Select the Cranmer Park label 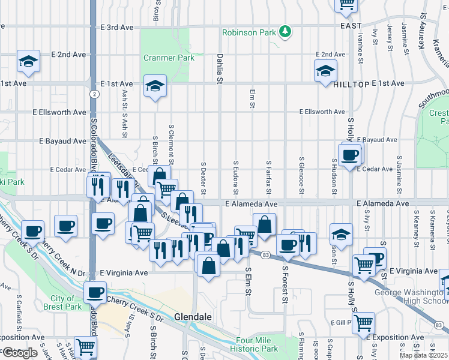click(161, 58)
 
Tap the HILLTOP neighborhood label click(351, 85)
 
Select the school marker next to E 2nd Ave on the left click(28, 62)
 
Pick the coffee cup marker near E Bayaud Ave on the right click(349, 155)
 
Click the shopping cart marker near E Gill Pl click(364, 322)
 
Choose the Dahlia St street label click(220, 70)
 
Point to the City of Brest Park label click(62, 302)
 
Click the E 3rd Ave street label click(117, 28)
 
